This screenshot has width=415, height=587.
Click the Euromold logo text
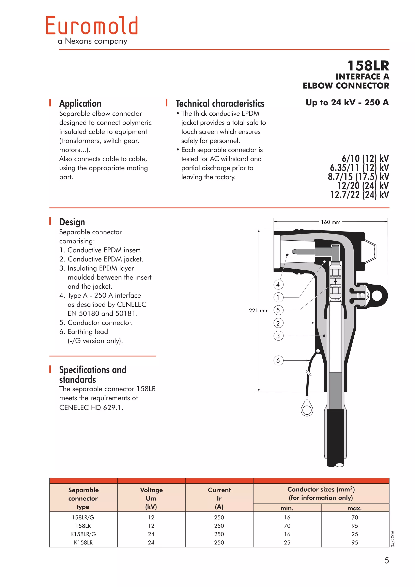[92, 26]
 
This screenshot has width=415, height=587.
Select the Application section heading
[80, 104]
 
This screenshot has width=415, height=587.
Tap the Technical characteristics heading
[220, 104]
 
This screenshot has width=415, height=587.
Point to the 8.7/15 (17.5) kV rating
[358, 177]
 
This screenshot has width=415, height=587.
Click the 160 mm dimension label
[331, 222]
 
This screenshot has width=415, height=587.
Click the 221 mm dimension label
[259, 311]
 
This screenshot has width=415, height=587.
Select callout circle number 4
[278, 284]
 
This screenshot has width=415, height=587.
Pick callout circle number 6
[278, 361]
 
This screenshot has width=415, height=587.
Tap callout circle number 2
[278, 323]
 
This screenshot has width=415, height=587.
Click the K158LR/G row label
[83, 534]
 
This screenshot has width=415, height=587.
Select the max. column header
[354, 508]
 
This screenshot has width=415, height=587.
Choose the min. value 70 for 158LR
[287, 526]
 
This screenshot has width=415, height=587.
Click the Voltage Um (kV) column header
[151, 498]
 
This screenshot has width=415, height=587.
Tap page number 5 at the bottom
[386, 561]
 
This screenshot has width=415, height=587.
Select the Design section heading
[72, 222]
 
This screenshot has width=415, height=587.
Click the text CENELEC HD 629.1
[91, 408]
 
